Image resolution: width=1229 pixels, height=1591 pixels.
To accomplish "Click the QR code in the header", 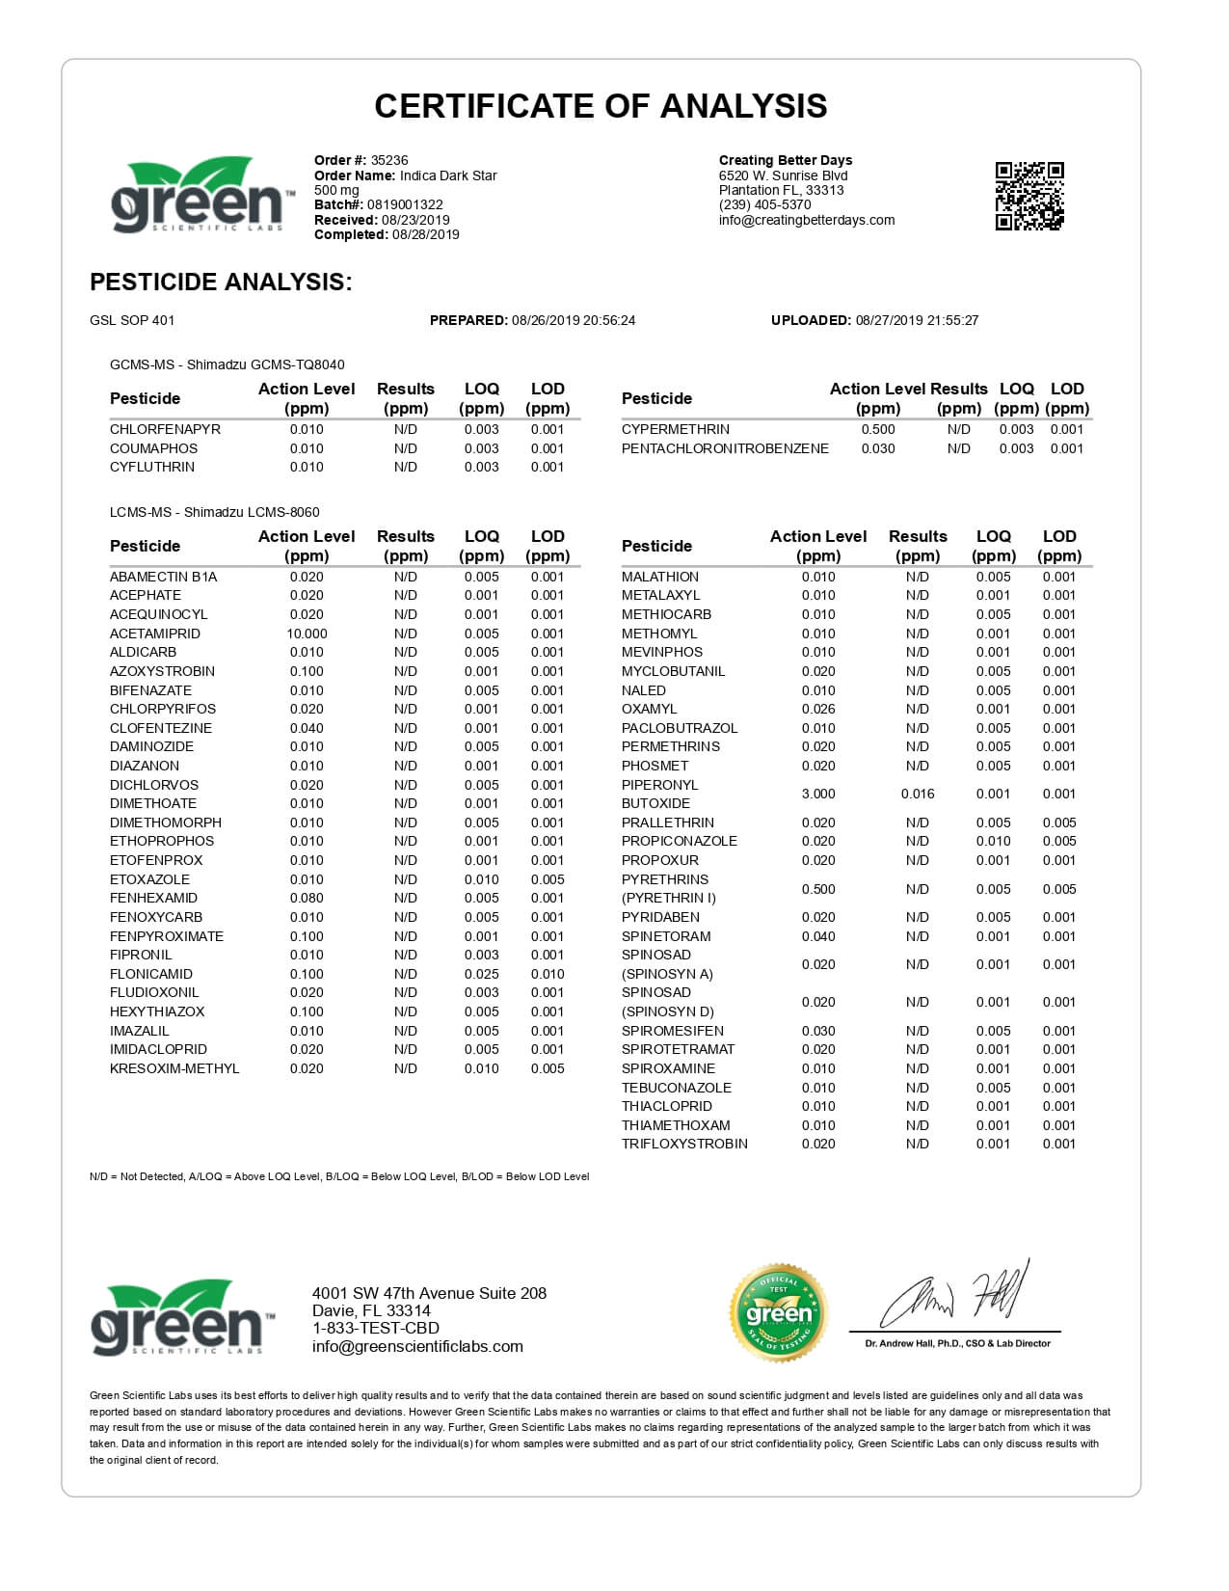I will pyautogui.click(x=1029, y=197).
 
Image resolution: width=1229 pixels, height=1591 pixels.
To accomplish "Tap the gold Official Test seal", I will pyautogui.click(x=779, y=1312).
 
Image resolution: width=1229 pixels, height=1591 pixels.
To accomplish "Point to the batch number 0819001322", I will pyautogui.click(x=405, y=204).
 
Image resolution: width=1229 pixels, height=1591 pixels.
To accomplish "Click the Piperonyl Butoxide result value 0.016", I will pyautogui.click(x=918, y=794).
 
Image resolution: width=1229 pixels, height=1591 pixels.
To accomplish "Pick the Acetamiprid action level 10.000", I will pyautogui.click(x=307, y=634).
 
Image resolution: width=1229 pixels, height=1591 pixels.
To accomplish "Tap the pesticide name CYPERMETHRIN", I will pyautogui.click(x=675, y=429).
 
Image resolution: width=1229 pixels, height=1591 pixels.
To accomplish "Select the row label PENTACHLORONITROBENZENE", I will pyautogui.click(x=725, y=448).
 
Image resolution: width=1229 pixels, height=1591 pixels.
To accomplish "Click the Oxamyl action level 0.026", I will pyautogui.click(x=818, y=709).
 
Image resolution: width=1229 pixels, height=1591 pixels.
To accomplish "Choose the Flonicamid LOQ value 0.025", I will pyautogui.click(x=481, y=974).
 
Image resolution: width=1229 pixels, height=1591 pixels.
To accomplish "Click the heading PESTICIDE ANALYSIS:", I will pyautogui.click(x=221, y=282).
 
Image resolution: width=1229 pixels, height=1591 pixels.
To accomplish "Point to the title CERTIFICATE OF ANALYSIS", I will pyautogui.click(x=601, y=106).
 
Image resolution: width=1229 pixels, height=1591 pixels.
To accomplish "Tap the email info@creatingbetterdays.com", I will pyautogui.click(x=807, y=220).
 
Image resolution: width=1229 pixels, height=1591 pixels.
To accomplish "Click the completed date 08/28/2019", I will pyautogui.click(x=426, y=234).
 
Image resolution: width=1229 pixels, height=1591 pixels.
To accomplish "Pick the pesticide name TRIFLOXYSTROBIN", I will pyautogui.click(x=684, y=1144).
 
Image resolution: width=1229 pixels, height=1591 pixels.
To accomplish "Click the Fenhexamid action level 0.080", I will pyautogui.click(x=307, y=898).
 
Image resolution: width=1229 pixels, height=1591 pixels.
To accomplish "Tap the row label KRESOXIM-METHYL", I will pyautogui.click(x=174, y=1068).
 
